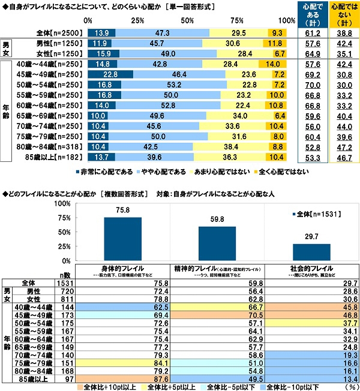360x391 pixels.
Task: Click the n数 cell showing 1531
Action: click(67, 281)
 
